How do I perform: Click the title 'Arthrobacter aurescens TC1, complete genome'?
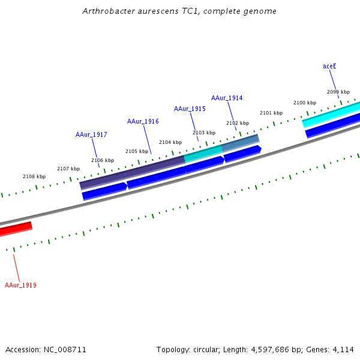tap(180, 11)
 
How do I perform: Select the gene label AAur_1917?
tap(91, 135)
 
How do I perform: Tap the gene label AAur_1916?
tap(143, 122)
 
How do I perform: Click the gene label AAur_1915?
tap(190, 109)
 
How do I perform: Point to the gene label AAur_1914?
tap(227, 98)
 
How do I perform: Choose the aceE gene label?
tap(329, 66)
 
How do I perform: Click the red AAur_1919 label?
tap(20, 286)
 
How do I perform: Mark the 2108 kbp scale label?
tap(34, 177)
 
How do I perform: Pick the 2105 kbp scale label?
tap(137, 152)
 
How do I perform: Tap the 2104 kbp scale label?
tap(170, 143)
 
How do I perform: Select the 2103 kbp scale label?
tap(204, 133)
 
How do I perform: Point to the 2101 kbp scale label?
tap(271, 113)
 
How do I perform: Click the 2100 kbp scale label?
tap(305, 103)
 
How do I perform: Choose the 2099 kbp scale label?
tap(338, 92)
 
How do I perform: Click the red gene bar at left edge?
tap(16, 228)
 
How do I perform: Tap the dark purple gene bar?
tap(132, 172)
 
